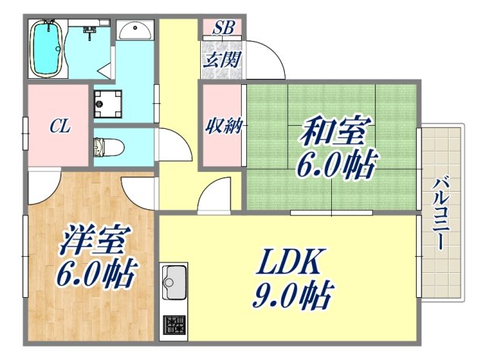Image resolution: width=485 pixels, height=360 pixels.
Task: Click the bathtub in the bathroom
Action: [48, 48]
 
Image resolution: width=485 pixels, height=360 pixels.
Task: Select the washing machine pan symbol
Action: [108, 105]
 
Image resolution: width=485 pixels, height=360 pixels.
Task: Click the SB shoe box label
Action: [223, 29]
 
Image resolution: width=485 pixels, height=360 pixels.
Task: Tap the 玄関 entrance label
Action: [222, 58]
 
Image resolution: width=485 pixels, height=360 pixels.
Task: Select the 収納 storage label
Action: [223, 126]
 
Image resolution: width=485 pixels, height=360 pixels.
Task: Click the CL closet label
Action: [61, 127]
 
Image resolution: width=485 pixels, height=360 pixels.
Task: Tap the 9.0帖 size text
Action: [293, 295]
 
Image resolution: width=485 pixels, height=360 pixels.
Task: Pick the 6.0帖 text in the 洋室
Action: [95, 272]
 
